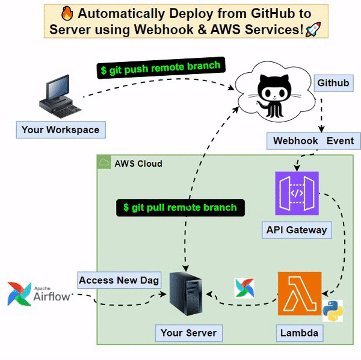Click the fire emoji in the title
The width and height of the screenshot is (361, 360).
coord(67,13)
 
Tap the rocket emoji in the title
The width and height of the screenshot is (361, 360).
coord(313,29)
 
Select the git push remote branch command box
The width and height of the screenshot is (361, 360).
coord(161,67)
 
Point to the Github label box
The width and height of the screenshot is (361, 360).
coord(333,83)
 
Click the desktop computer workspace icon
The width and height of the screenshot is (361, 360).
coord(60,96)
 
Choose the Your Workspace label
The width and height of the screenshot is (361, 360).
coord(61,130)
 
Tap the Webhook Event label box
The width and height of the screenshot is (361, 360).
coord(313,141)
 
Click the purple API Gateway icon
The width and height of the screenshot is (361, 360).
coord(297,193)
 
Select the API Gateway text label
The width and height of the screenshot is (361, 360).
coord(297,230)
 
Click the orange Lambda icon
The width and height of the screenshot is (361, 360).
coord(300,294)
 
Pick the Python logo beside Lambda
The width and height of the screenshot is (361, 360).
coord(333,311)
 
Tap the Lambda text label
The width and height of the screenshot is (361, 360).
coord(300,333)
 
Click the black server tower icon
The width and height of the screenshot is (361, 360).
coord(186,294)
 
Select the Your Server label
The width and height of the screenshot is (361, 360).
coord(189,333)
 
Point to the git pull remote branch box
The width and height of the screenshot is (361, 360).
coord(180,208)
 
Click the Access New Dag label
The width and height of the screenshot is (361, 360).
coord(119,281)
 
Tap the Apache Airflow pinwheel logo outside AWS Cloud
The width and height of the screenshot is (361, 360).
coord(19,294)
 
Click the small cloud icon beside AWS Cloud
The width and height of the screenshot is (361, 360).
coord(104,163)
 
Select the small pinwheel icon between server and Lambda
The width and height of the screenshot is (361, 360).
coord(244,288)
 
